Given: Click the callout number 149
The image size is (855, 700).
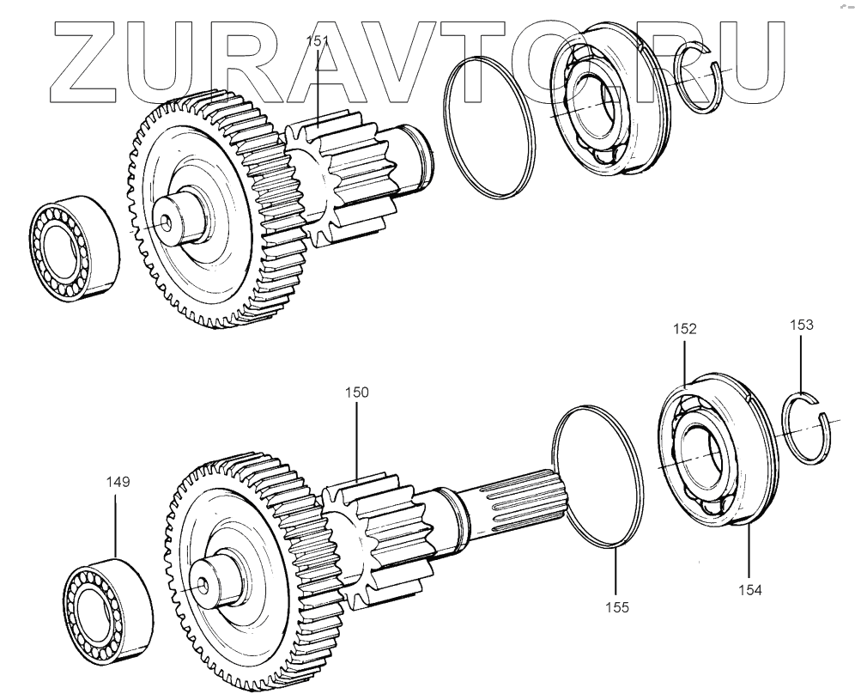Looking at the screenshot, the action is [x=118, y=482].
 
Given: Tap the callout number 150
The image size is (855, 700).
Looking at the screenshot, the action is [x=356, y=393].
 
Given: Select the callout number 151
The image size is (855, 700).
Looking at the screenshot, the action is [x=317, y=41].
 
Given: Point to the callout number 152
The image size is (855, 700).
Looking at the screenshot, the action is [x=685, y=329].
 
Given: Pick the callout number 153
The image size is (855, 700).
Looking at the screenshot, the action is [x=802, y=325].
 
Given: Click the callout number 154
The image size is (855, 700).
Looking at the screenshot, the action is [x=750, y=590].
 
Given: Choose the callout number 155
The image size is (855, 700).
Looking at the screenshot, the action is [x=616, y=606].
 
